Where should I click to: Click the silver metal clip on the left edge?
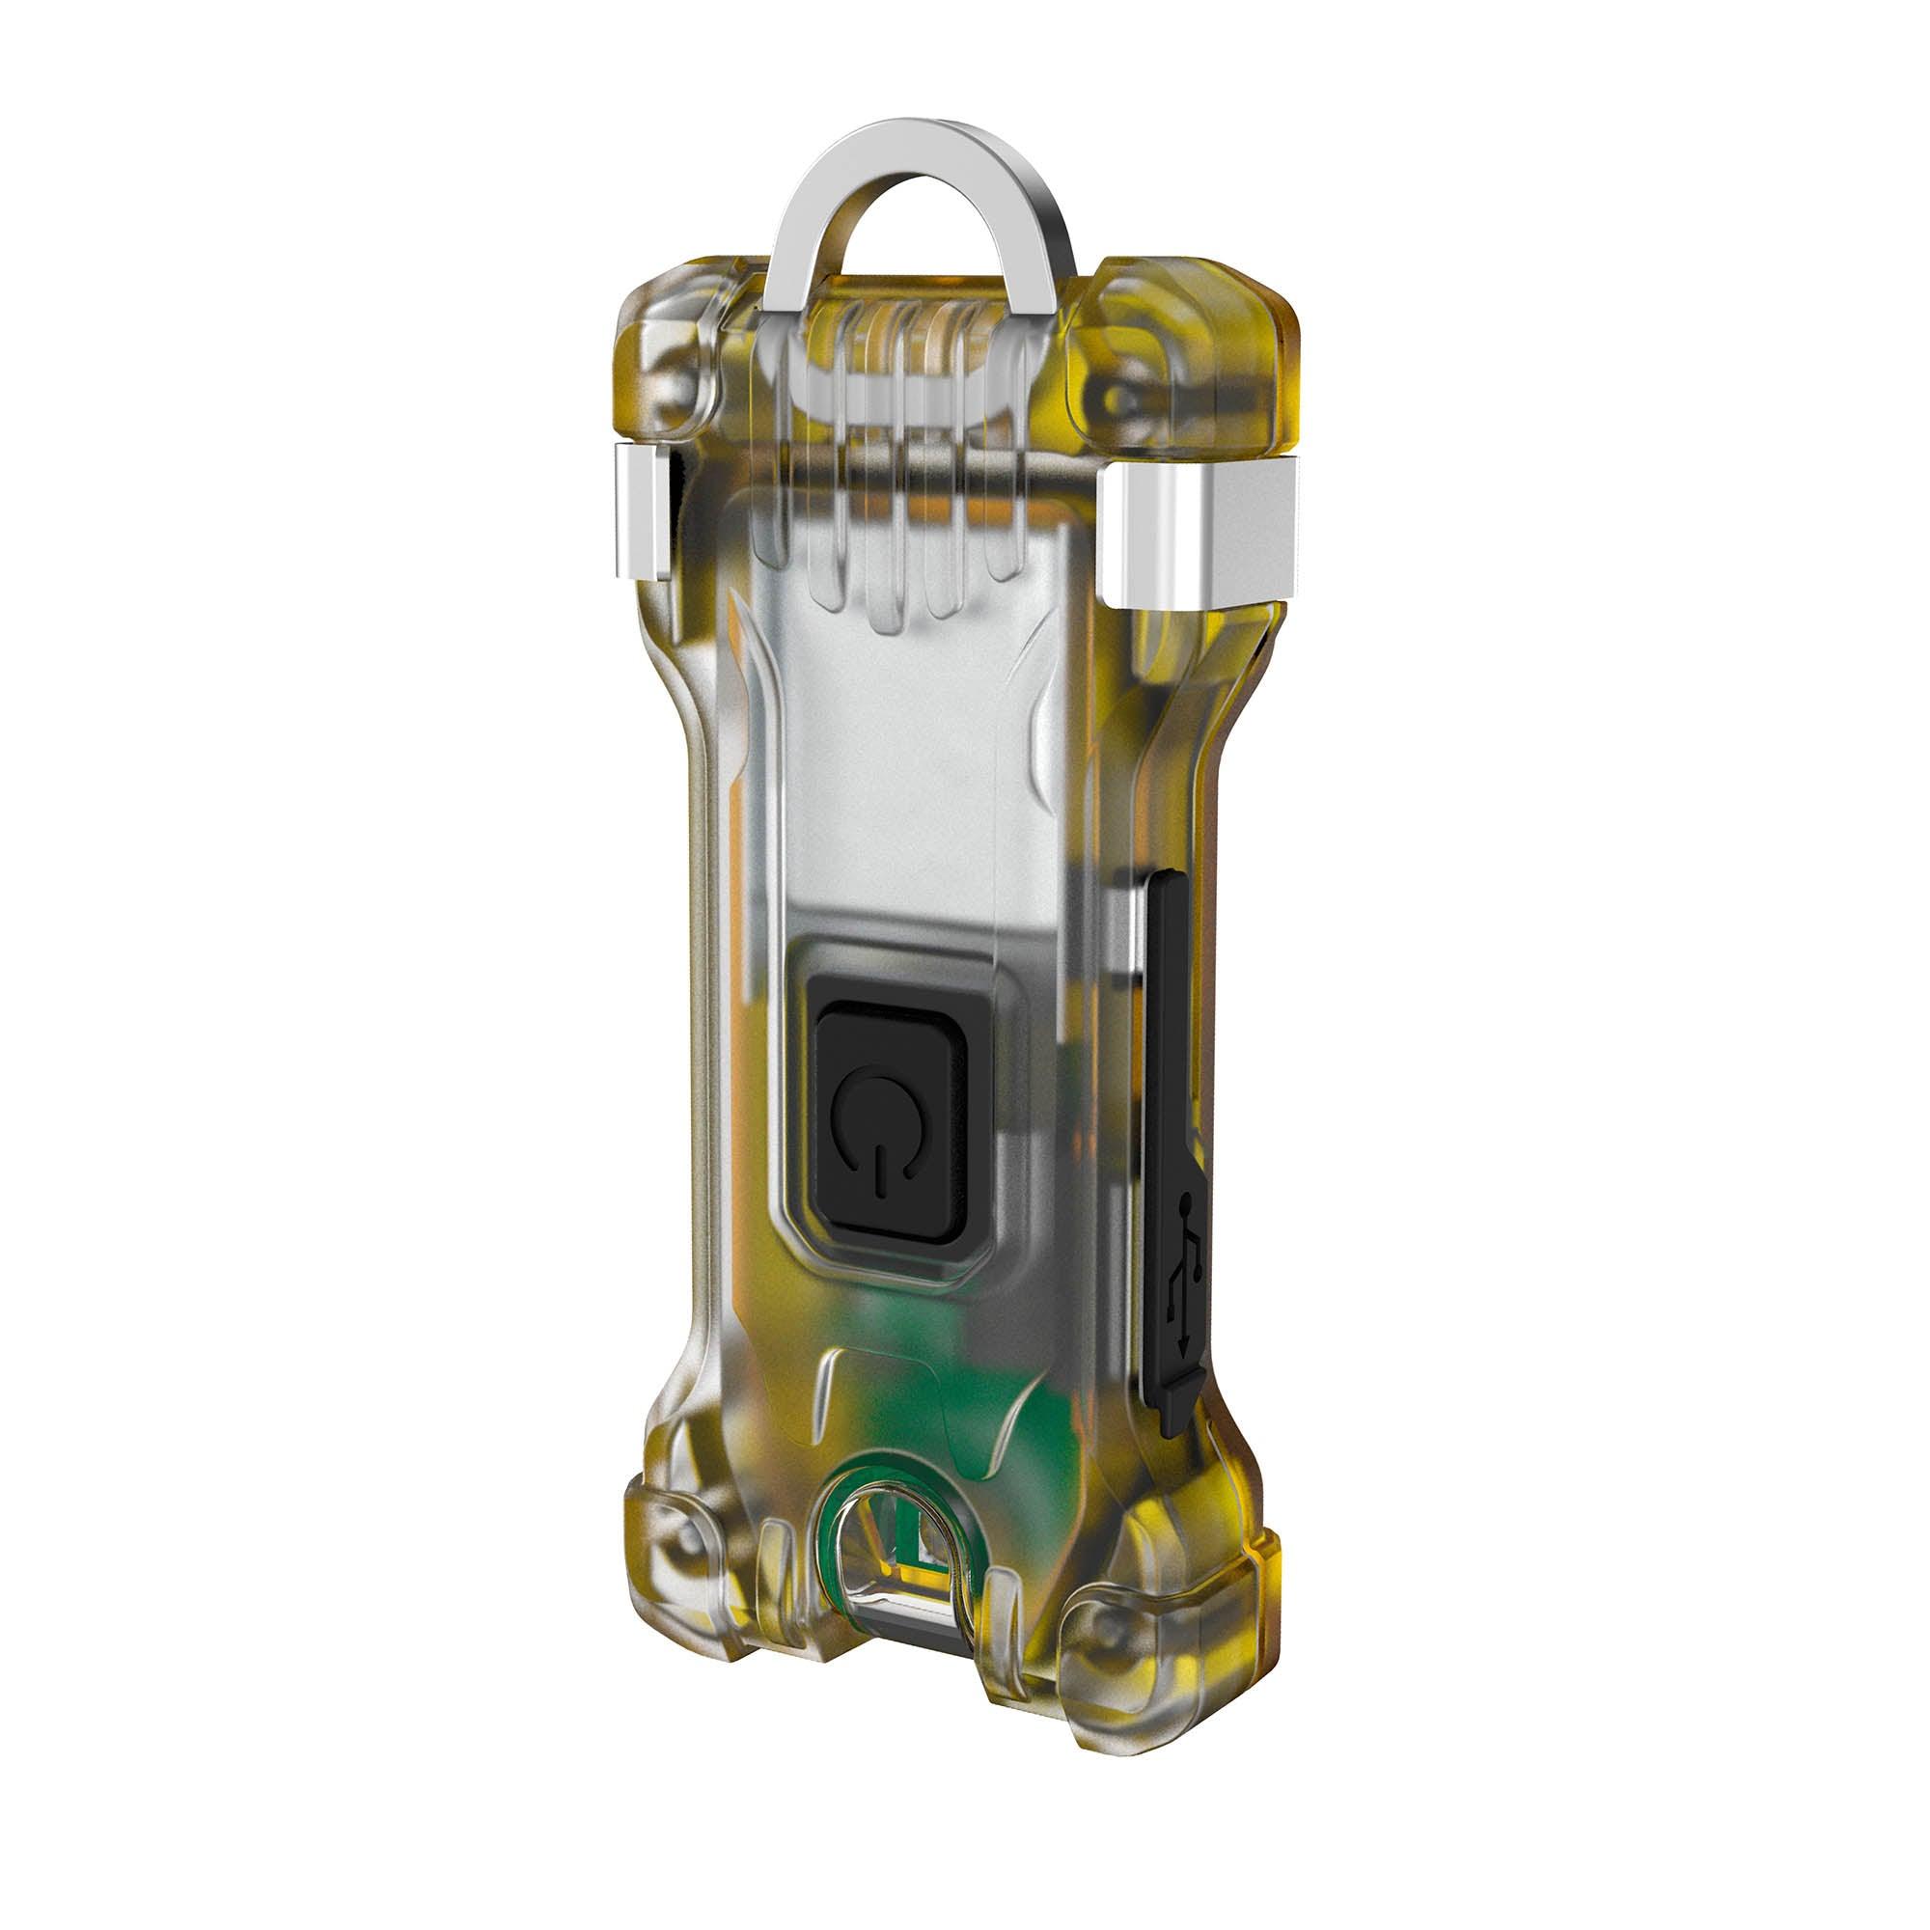tap(642, 512)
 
